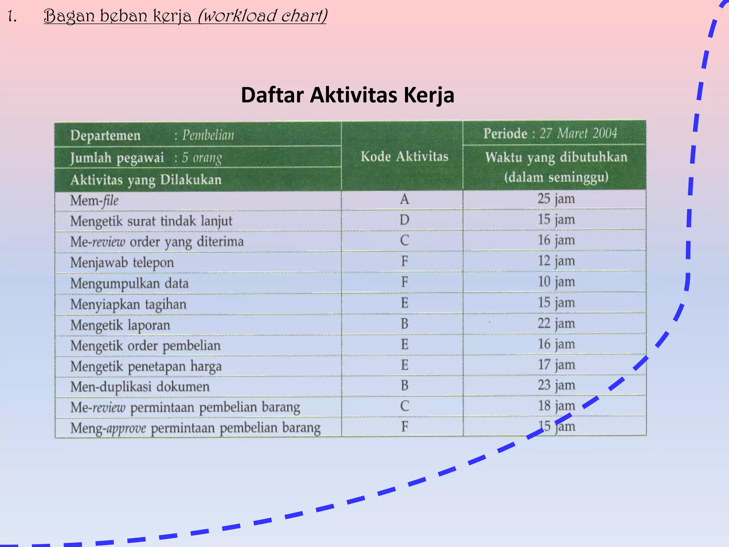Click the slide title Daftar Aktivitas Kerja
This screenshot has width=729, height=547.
pos(347,95)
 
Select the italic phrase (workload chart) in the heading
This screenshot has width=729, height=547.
pos(262,16)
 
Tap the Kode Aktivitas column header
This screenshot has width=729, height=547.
pos(404,157)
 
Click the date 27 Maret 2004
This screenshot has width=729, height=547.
pos(578,134)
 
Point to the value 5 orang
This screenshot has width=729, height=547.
pos(202,158)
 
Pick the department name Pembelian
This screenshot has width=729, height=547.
pos(208,135)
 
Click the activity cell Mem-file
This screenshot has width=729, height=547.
pos(94,200)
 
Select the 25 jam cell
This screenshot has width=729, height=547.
pos(556,199)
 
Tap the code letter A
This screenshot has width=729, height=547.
pos(404,199)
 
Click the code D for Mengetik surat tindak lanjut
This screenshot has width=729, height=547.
pos(404,220)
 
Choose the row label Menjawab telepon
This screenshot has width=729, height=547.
pos(122,263)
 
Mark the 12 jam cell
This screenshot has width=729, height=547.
pos(556,261)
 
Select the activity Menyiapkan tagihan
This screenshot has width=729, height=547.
pos(128,304)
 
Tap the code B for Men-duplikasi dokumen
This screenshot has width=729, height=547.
pos(404,386)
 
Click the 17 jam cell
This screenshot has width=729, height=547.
pos(556,365)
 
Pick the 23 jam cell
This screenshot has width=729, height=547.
pos(556,385)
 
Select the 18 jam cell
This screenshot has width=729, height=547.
pos(556,406)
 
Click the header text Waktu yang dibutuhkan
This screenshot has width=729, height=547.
pos(556,157)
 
